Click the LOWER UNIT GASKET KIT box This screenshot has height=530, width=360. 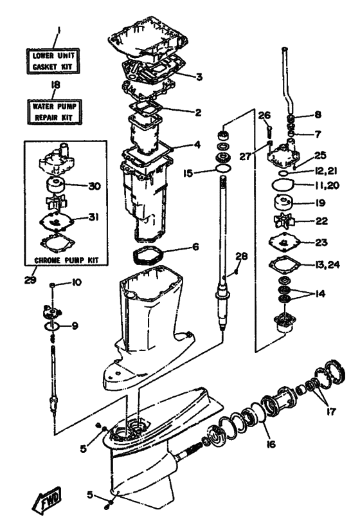[53, 61]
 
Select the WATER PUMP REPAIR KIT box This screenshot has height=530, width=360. [54, 112]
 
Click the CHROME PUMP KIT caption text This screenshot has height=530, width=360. [66, 260]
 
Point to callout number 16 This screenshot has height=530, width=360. [271, 443]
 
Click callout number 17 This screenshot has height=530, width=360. [331, 412]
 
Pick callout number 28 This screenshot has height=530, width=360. [242, 256]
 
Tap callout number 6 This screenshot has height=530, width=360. [195, 247]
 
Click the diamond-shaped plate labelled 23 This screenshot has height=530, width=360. [284, 242]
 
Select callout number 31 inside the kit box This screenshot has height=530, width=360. [93, 217]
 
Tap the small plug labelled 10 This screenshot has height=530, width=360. [52, 286]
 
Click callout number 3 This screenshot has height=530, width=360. [199, 77]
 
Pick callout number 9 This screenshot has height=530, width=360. [75, 326]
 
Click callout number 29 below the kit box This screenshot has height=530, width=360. [30, 280]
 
